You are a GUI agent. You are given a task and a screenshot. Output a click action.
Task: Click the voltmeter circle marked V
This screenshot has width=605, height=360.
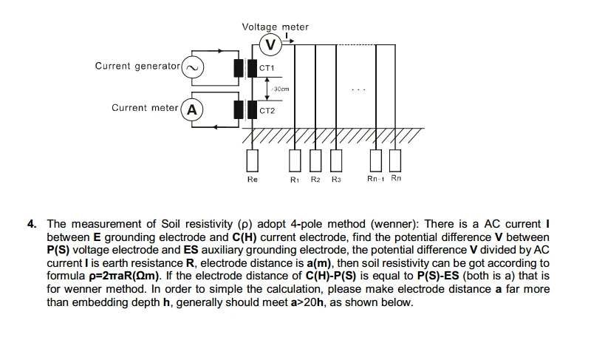[271, 45]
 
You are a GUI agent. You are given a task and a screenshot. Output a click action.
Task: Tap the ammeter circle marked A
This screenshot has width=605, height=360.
[192, 110]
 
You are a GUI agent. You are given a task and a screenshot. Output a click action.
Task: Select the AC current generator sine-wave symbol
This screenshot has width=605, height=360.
[192, 67]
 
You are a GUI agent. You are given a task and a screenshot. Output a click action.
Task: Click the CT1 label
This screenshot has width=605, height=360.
[267, 68]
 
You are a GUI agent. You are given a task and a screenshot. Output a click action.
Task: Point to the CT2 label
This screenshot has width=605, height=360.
[267, 111]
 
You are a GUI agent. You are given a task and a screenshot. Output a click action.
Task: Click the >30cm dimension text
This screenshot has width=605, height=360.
[281, 89]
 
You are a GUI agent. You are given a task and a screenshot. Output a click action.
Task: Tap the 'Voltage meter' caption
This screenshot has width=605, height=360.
[275, 27]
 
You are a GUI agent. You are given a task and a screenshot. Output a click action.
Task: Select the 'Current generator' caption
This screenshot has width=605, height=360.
[137, 66]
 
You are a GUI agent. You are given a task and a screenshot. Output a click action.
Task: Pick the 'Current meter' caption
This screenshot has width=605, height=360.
[145, 108]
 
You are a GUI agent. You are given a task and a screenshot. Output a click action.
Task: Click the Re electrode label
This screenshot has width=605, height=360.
[253, 179]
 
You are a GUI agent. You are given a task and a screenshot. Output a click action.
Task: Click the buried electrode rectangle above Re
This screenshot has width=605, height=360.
[253, 160]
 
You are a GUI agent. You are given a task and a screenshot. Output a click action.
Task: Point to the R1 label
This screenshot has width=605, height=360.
[295, 180]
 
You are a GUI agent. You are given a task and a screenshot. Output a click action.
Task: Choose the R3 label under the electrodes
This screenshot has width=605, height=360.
[336, 180]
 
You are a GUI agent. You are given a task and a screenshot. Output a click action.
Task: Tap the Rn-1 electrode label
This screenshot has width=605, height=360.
[376, 179]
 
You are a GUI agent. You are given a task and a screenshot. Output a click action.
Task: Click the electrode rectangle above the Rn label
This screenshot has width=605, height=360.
[395, 160]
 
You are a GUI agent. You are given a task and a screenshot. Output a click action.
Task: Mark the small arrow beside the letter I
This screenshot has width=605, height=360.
[288, 41]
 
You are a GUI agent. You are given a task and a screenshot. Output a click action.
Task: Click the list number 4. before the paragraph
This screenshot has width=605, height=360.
[32, 224]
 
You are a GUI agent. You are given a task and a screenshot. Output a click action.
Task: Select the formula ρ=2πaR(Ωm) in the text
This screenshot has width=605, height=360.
[124, 276]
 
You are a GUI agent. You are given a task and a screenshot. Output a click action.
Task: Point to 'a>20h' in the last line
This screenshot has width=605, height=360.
[307, 302]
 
